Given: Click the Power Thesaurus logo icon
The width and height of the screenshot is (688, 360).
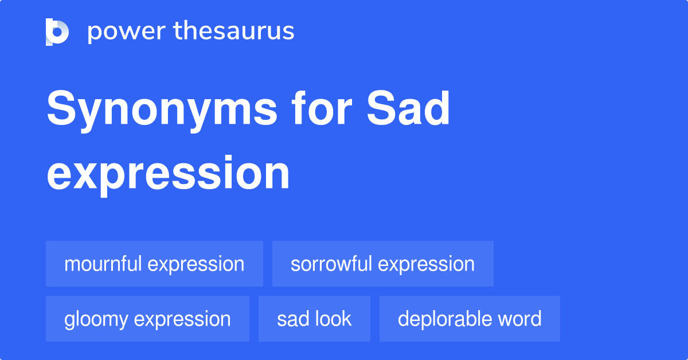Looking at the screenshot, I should (x=57, y=32).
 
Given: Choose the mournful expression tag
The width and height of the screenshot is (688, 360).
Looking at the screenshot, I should (x=154, y=264).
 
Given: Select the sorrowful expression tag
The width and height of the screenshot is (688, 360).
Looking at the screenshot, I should (x=382, y=264).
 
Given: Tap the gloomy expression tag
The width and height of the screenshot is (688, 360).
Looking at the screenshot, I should (x=147, y=319).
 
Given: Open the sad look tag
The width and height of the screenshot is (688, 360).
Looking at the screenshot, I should (x=314, y=319).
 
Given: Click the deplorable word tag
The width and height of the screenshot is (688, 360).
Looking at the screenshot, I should (x=470, y=319).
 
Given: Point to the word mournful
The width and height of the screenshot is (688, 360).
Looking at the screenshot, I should (x=103, y=264).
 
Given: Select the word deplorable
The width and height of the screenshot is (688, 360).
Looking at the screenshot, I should (x=441, y=319).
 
